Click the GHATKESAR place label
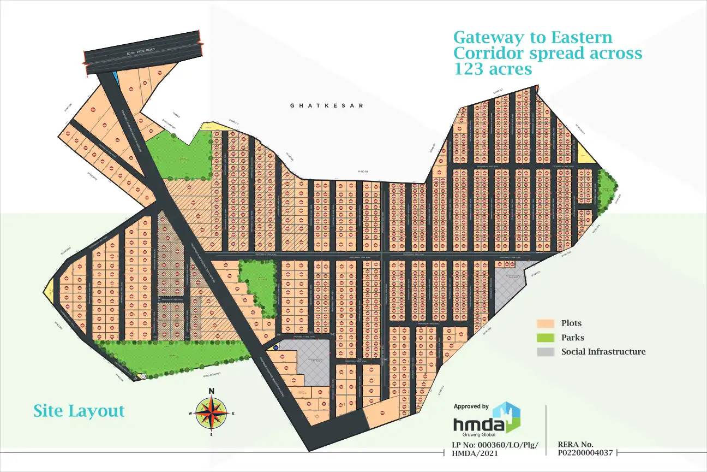click(x=326, y=105)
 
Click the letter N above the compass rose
click(x=212, y=391)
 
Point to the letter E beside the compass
click(x=233, y=414)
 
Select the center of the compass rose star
click(x=212, y=413)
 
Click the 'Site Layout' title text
click(x=79, y=411)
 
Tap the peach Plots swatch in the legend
click(x=545, y=323)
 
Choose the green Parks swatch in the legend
click(x=545, y=338)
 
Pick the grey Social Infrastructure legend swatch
click(x=545, y=352)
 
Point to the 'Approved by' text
click(x=471, y=406)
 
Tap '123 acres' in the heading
click(x=493, y=69)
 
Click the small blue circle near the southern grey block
click(x=275, y=347)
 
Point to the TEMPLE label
click(x=176, y=115)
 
